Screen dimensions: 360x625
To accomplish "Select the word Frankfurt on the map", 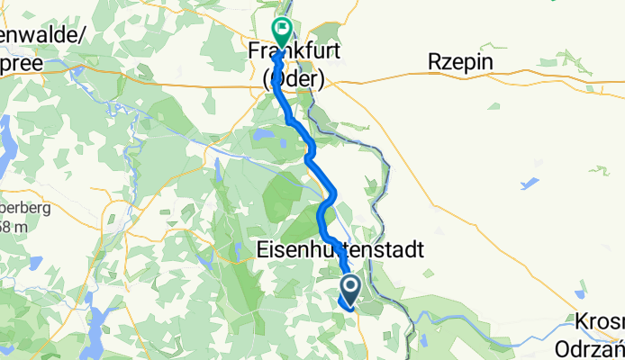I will coord(294,54).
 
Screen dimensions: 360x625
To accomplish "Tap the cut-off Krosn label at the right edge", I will coord(601,322).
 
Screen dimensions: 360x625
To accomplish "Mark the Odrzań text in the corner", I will coord(599,345).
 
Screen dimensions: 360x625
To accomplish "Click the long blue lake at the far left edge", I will coord(6,134).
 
